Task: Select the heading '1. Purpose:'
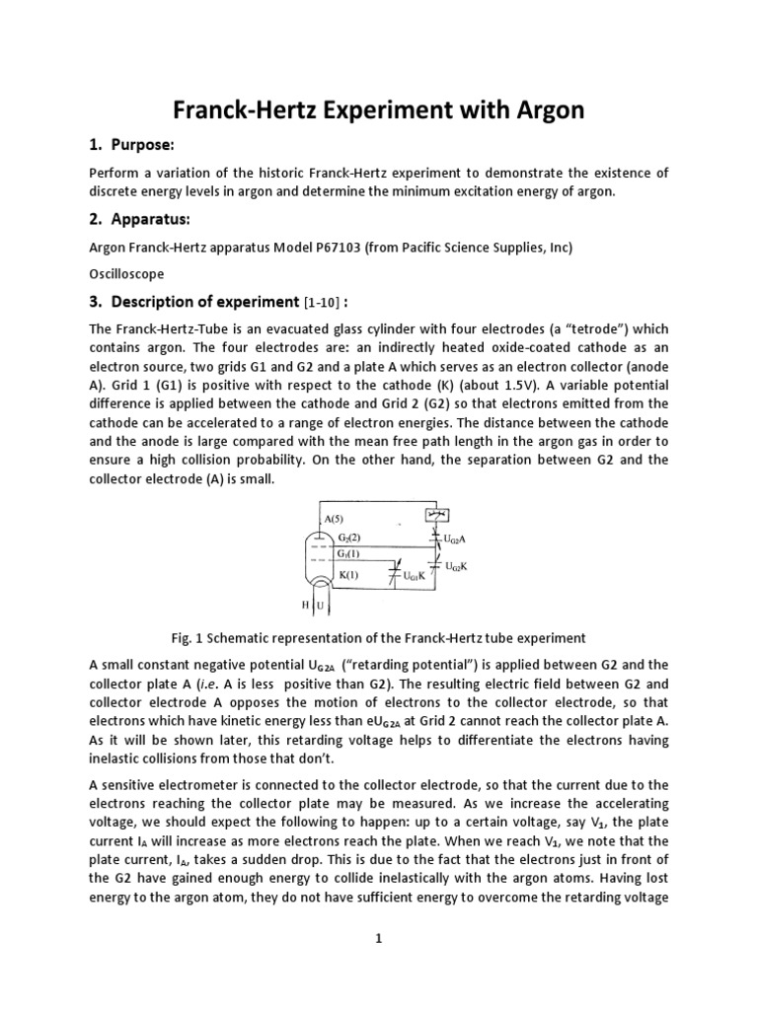(x=131, y=146)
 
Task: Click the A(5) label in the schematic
(x=336, y=519)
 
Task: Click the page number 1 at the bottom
(x=379, y=939)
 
